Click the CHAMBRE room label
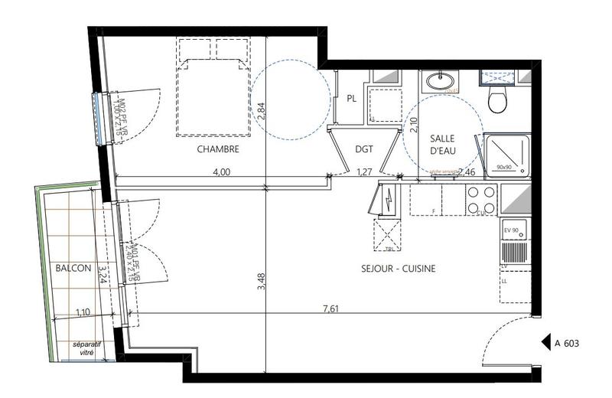pos(218,149)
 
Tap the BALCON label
pos(73,269)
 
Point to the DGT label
pos(364,150)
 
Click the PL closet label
pos(352,99)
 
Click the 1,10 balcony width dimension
pos(84,312)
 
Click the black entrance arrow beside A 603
pos(546,344)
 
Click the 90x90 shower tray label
pos(503,166)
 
